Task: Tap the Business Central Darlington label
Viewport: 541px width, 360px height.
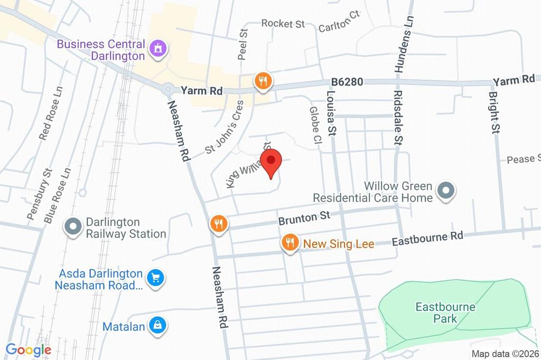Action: point(100,50)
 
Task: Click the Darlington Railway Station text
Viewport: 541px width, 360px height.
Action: point(126,228)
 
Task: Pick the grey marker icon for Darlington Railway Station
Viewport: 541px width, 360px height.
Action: point(70,227)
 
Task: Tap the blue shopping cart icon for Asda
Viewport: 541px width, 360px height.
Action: point(155,277)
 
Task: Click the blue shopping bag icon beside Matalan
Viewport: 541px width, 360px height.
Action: point(157,326)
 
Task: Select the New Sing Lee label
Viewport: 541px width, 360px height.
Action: point(339,244)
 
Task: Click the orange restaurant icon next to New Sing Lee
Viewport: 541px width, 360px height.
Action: point(289,243)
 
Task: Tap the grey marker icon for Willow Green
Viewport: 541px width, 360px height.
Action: point(446,191)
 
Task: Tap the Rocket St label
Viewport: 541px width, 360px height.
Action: point(283,23)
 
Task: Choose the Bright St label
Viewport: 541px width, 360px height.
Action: point(494,112)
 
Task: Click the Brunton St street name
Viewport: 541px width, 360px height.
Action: point(304,217)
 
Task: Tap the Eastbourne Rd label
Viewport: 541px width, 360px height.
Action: point(427,239)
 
